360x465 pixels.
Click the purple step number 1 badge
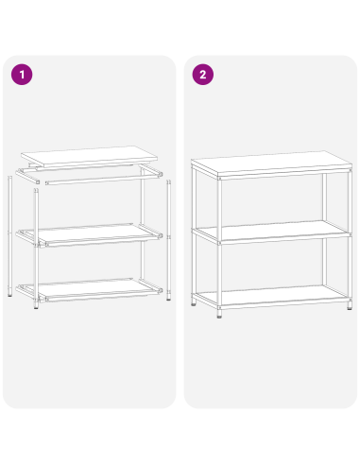pos(21,75)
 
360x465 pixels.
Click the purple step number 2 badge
pos(201,75)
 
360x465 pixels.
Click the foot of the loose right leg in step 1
pos(168,301)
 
